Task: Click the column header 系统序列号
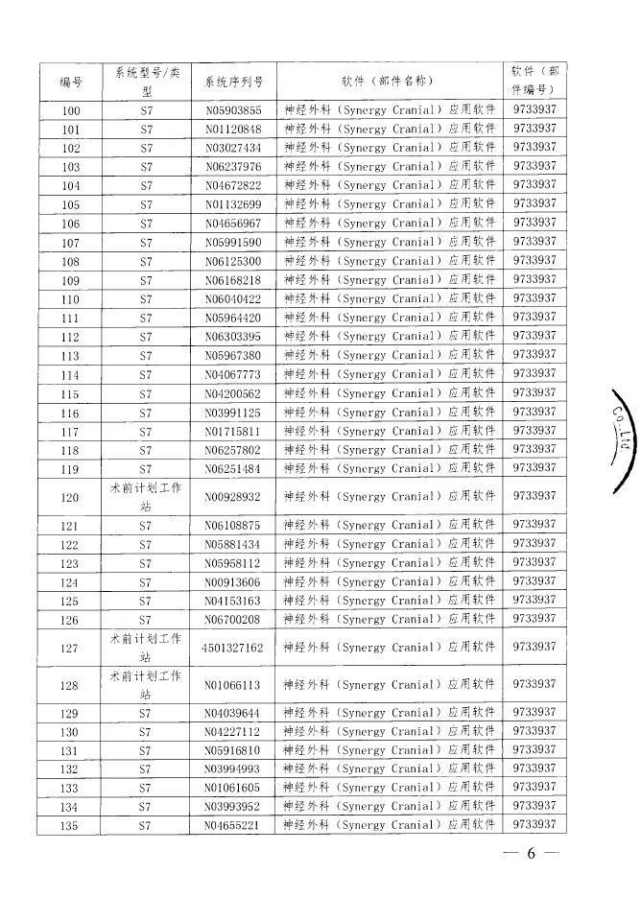[x=234, y=82]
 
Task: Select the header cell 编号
[x=71, y=82]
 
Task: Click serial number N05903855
[x=234, y=111]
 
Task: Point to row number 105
[x=71, y=204]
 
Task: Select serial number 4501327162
[x=234, y=649]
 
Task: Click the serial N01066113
[x=234, y=686]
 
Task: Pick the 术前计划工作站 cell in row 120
[x=146, y=497]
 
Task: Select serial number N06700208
[x=234, y=620]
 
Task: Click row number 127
[x=71, y=649]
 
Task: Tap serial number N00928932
[x=234, y=497]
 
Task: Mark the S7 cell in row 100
[x=146, y=111]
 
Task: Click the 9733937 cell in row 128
[x=534, y=685]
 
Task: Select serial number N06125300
[x=234, y=262]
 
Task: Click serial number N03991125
[x=234, y=413]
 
